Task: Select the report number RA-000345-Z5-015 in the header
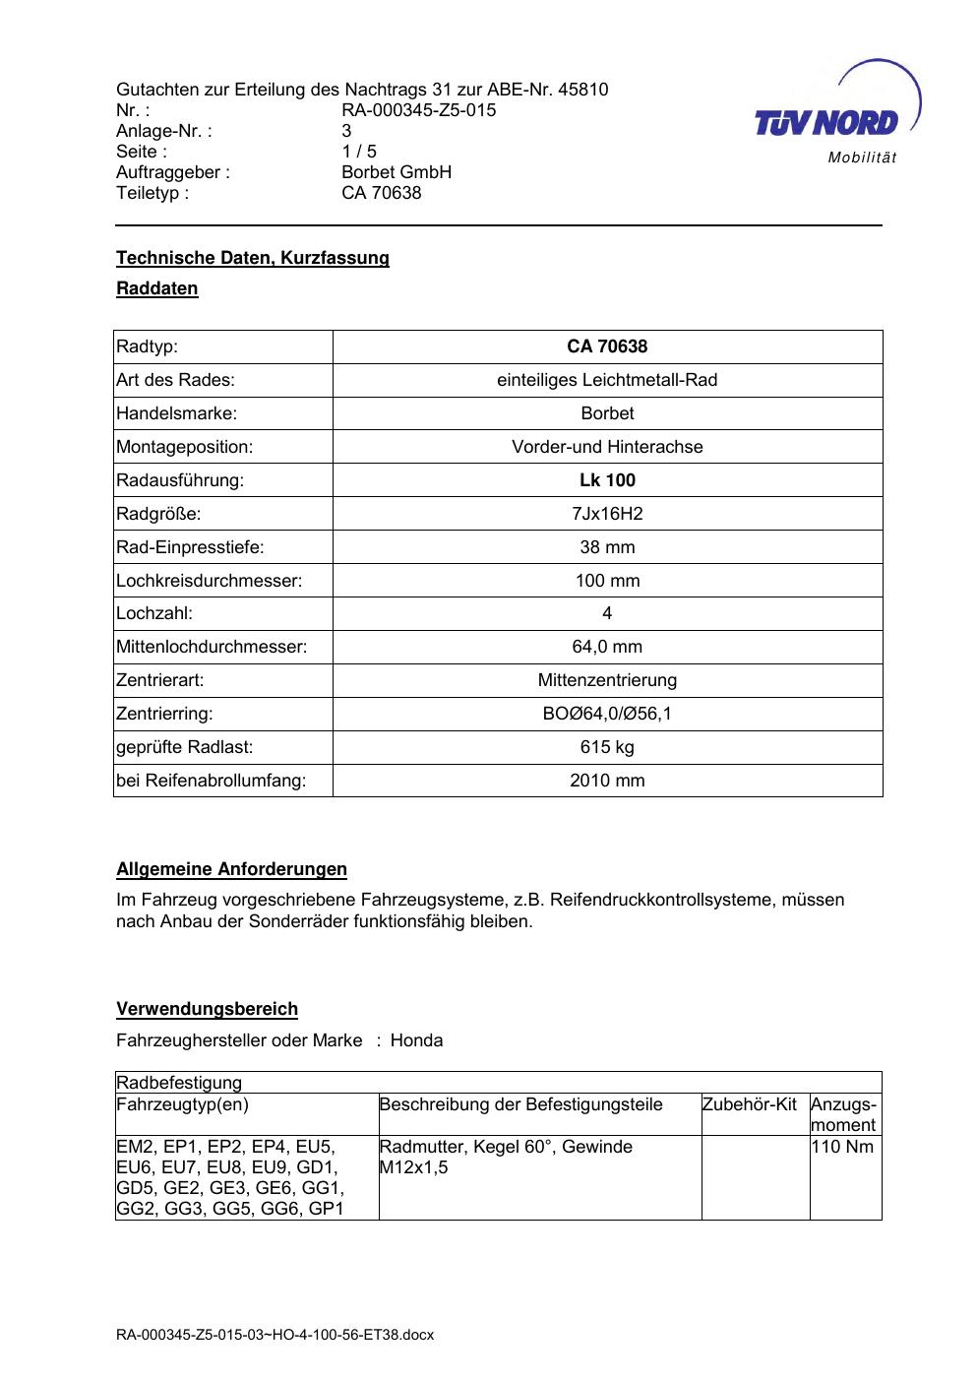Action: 418,110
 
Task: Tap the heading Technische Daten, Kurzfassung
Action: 253,258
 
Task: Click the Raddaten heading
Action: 157,288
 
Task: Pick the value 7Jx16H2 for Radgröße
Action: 607,514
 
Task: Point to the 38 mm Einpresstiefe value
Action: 607,547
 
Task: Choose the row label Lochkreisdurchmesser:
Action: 210,581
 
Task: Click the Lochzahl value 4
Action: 607,613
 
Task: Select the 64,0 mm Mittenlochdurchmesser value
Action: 607,647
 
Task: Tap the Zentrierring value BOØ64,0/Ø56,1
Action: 607,714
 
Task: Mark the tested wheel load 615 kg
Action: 607,747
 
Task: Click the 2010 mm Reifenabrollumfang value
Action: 607,781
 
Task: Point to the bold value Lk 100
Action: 607,480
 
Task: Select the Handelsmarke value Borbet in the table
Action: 607,413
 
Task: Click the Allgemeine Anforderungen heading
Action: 232,869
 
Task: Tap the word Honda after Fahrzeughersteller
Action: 416,1040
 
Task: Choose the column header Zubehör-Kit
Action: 750,1104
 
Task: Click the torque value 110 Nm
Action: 842,1147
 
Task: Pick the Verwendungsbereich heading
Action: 208,1009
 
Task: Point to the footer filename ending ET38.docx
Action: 275,1335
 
